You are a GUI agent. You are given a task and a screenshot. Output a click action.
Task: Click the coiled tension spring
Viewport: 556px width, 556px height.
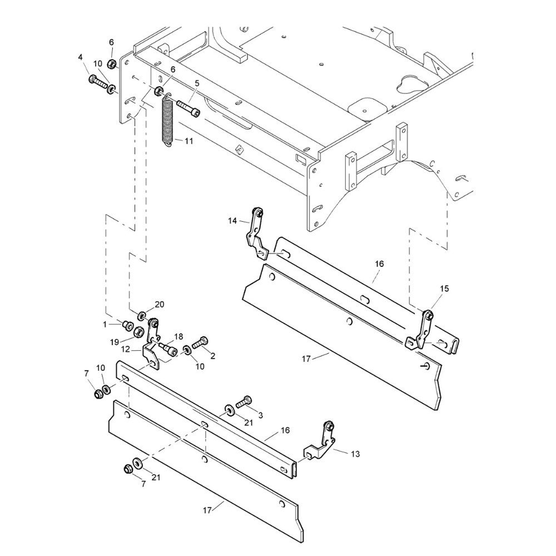pos(168,119)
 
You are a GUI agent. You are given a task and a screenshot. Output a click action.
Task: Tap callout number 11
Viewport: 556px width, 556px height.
pos(189,141)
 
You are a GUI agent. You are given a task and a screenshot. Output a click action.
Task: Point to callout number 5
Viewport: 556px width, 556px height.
pos(197,84)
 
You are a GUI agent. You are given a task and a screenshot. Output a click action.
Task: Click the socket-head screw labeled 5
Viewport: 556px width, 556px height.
pos(188,108)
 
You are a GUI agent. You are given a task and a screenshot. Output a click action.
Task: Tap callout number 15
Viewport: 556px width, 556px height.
pos(444,289)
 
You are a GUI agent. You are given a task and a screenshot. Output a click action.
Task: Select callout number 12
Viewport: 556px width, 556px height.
pos(126,349)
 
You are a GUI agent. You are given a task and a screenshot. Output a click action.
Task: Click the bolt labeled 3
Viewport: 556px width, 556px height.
pos(244,402)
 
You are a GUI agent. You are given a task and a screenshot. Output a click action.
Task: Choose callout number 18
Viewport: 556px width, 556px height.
pos(178,336)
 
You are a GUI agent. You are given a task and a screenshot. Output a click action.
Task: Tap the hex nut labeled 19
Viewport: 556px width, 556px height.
pos(138,332)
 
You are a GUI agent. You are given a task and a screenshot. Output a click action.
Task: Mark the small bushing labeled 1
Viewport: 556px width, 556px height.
pos(126,325)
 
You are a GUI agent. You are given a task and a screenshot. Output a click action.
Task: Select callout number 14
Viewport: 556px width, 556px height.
pos(232,221)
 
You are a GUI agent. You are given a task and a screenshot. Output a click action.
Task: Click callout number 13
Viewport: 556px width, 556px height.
pos(355,454)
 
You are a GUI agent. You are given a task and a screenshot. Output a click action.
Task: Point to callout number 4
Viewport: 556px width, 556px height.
pos(80,57)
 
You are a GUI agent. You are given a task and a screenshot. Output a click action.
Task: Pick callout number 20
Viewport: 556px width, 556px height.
pos(160,305)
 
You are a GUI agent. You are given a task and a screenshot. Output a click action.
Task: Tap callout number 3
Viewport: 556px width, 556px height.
pos(260,415)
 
